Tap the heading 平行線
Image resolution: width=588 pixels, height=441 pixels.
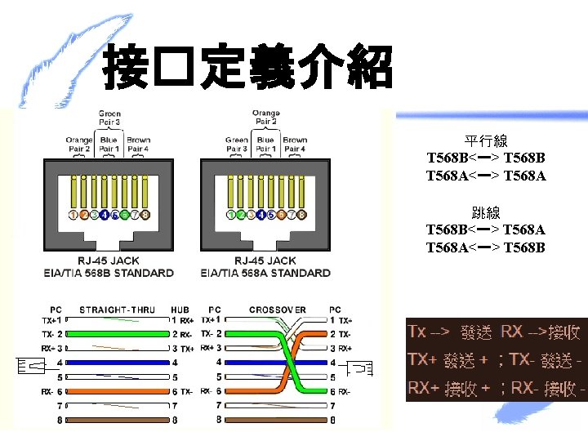(x=485, y=142)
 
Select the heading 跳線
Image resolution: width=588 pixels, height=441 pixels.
(x=485, y=213)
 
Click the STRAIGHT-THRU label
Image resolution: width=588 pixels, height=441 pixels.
(x=117, y=310)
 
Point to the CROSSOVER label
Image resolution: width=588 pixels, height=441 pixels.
(x=278, y=310)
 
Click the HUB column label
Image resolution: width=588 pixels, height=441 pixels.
(x=180, y=310)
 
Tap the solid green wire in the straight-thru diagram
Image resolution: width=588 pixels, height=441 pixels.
(x=114, y=334)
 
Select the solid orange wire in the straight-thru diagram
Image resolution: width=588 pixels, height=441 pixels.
(x=114, y=392)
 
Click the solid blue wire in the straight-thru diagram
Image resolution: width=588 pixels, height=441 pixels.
(x=114, y=363)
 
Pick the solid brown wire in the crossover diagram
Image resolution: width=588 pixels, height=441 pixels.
(x=278, y=420)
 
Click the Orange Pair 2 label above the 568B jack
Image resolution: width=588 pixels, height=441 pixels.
(x=78, y=145)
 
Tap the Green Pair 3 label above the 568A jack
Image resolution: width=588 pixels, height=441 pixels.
(x=236, y=145)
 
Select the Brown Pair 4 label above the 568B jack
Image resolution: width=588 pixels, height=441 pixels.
(x=138, y=145)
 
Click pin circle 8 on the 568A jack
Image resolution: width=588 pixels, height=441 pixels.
(x=301, y=215)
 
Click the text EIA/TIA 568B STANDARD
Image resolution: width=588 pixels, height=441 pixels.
(x=109, y=273)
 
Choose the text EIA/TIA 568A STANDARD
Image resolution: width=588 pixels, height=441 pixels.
(x=265, y=273)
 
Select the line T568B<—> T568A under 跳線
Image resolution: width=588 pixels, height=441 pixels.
(x=485, y=231)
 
